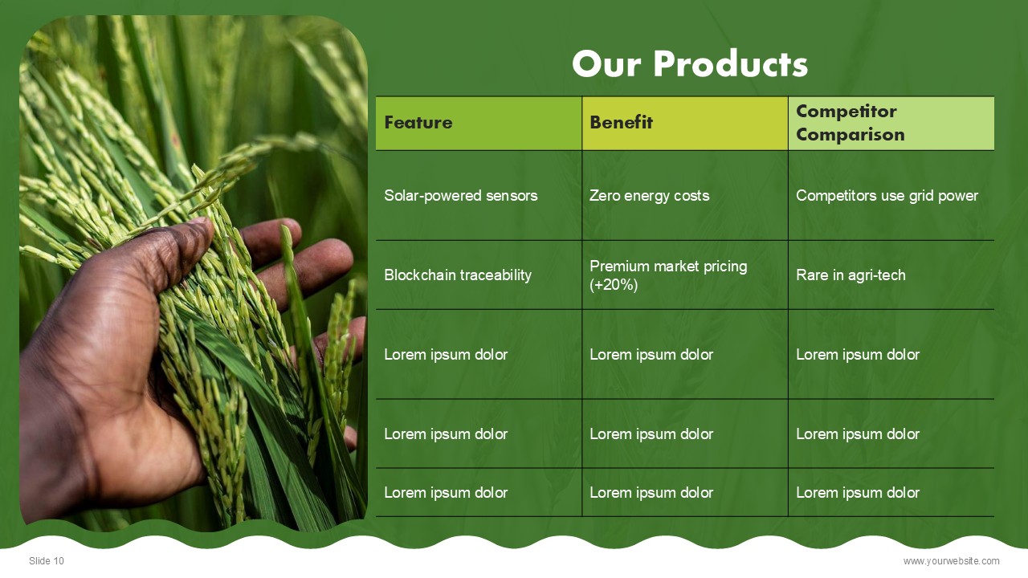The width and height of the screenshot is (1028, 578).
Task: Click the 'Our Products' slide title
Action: pos(690,63)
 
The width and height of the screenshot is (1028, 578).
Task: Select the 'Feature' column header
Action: pos(479,123)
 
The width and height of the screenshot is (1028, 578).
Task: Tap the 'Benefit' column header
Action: pos(685,123)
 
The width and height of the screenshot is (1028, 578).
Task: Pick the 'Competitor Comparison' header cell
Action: pos(891,123)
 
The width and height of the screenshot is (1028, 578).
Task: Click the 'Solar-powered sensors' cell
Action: pos(479,195)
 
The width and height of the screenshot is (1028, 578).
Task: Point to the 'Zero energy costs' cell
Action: pos(685,195)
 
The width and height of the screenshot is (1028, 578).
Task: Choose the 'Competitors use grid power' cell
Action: pos(891,195)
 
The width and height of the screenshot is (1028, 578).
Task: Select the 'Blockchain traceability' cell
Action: pos(479,275)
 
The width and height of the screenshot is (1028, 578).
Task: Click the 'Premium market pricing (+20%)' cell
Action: pos(685,275)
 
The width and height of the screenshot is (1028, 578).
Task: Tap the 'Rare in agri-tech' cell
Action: pos(891,275)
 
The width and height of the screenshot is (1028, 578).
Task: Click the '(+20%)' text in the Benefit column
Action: pos(614,285)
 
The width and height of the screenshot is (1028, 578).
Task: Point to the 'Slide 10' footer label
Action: pos(47,560)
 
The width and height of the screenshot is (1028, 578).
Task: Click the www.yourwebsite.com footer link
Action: pos(951,561)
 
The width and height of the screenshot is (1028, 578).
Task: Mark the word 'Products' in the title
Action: pos(731,63)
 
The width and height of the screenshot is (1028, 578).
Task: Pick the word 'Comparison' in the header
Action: pos(851,135)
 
